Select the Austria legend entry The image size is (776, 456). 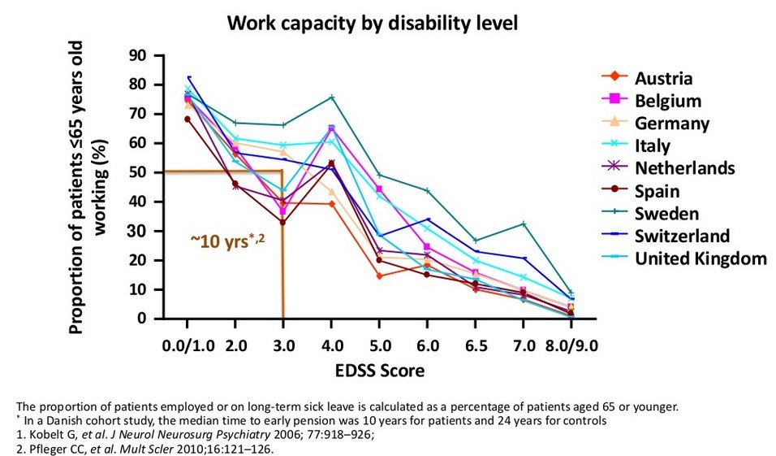[x=663, y=78]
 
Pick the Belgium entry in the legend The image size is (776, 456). [x=668, y=101]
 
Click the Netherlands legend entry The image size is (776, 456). [x=686, y=168]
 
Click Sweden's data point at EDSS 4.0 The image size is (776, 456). [x=331, y=97]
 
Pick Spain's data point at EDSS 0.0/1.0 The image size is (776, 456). [x=188, y=119]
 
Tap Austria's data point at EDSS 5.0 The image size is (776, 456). [x=379, y=276]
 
